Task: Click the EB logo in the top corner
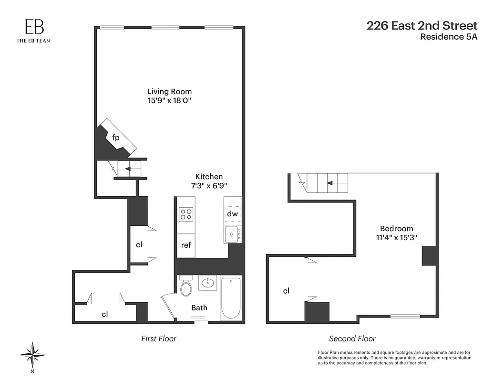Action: click(33, 28)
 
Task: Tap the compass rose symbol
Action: click(32, 355)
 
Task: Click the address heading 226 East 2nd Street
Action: click(422, 26)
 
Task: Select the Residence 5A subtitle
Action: click(448, 37)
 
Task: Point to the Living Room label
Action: click(169, 91)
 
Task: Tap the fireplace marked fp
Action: click(116, 138)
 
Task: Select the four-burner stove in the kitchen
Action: click(186, 214)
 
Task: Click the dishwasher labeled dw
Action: click(232, 213)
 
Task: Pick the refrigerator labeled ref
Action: click(186, 245)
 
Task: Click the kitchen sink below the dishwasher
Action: click(232, 233)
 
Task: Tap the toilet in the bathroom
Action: click(185, 286)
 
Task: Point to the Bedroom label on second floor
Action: click(396, 228)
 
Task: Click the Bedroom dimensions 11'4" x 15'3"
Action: click(396, 237)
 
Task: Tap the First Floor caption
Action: click(159, 339)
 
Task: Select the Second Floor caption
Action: click(352, 339)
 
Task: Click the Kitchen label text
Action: click(208, 176)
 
